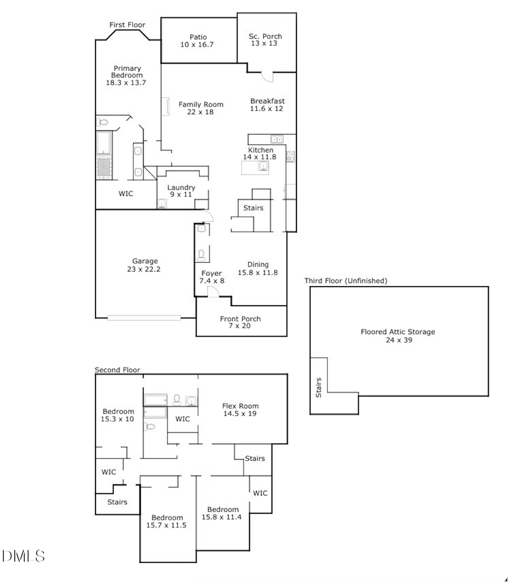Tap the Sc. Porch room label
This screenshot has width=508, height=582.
(265, 37)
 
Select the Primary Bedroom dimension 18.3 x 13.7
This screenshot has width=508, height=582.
(126, 82)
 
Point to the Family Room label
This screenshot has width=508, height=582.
(201, 104)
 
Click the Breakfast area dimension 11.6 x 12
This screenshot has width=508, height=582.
(267, 109)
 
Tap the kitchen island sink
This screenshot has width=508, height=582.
(262, 166)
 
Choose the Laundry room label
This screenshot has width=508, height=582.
(181, 187)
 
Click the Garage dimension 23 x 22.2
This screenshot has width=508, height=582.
(145, 269)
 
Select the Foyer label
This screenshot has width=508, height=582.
(211, 273)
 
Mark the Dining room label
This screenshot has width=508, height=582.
(258, 264)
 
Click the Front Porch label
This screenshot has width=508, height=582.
(240, 319)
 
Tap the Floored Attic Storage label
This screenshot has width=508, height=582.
(398, 332)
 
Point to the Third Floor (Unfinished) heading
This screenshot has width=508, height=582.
(345, 280)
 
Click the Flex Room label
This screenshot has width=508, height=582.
(240, 406)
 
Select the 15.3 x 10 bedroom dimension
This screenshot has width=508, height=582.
(118, 419)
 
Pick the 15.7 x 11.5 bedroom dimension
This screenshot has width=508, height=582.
(167, 525)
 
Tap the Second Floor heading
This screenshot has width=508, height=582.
(117, 370)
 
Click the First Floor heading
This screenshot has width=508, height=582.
(127, 25)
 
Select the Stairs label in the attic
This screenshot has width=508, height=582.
(318, 387)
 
